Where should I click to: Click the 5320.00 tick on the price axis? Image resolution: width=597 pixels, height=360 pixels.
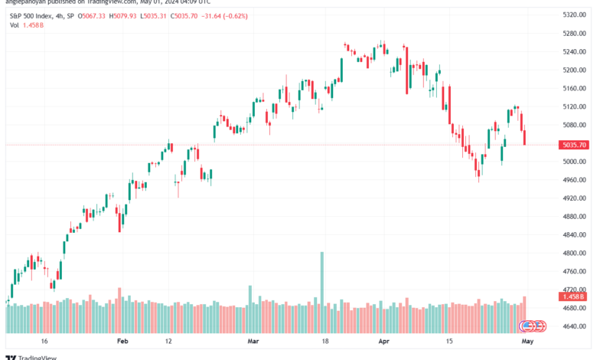(x=573, y=15)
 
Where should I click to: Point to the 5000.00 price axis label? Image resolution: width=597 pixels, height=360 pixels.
(x=573, y=162)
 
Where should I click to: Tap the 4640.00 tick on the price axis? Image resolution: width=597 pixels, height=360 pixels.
(x=573, y=327)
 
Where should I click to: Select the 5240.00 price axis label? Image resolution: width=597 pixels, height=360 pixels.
(x=573, y=51)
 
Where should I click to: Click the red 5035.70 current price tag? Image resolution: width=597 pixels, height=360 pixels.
(x=573, y=145)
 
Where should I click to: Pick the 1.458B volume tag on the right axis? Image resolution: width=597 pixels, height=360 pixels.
(x=573, y=296)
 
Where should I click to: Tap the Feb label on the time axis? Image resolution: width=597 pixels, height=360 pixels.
(x=122, y=342)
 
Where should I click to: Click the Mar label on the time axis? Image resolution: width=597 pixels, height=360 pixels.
(x=253, y=342)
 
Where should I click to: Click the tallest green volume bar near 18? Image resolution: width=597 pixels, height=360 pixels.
(x=322, y=280)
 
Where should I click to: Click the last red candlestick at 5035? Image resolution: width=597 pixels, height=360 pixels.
(x=525, y=136)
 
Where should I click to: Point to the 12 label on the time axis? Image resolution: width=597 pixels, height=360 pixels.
(x=168, y=342)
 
